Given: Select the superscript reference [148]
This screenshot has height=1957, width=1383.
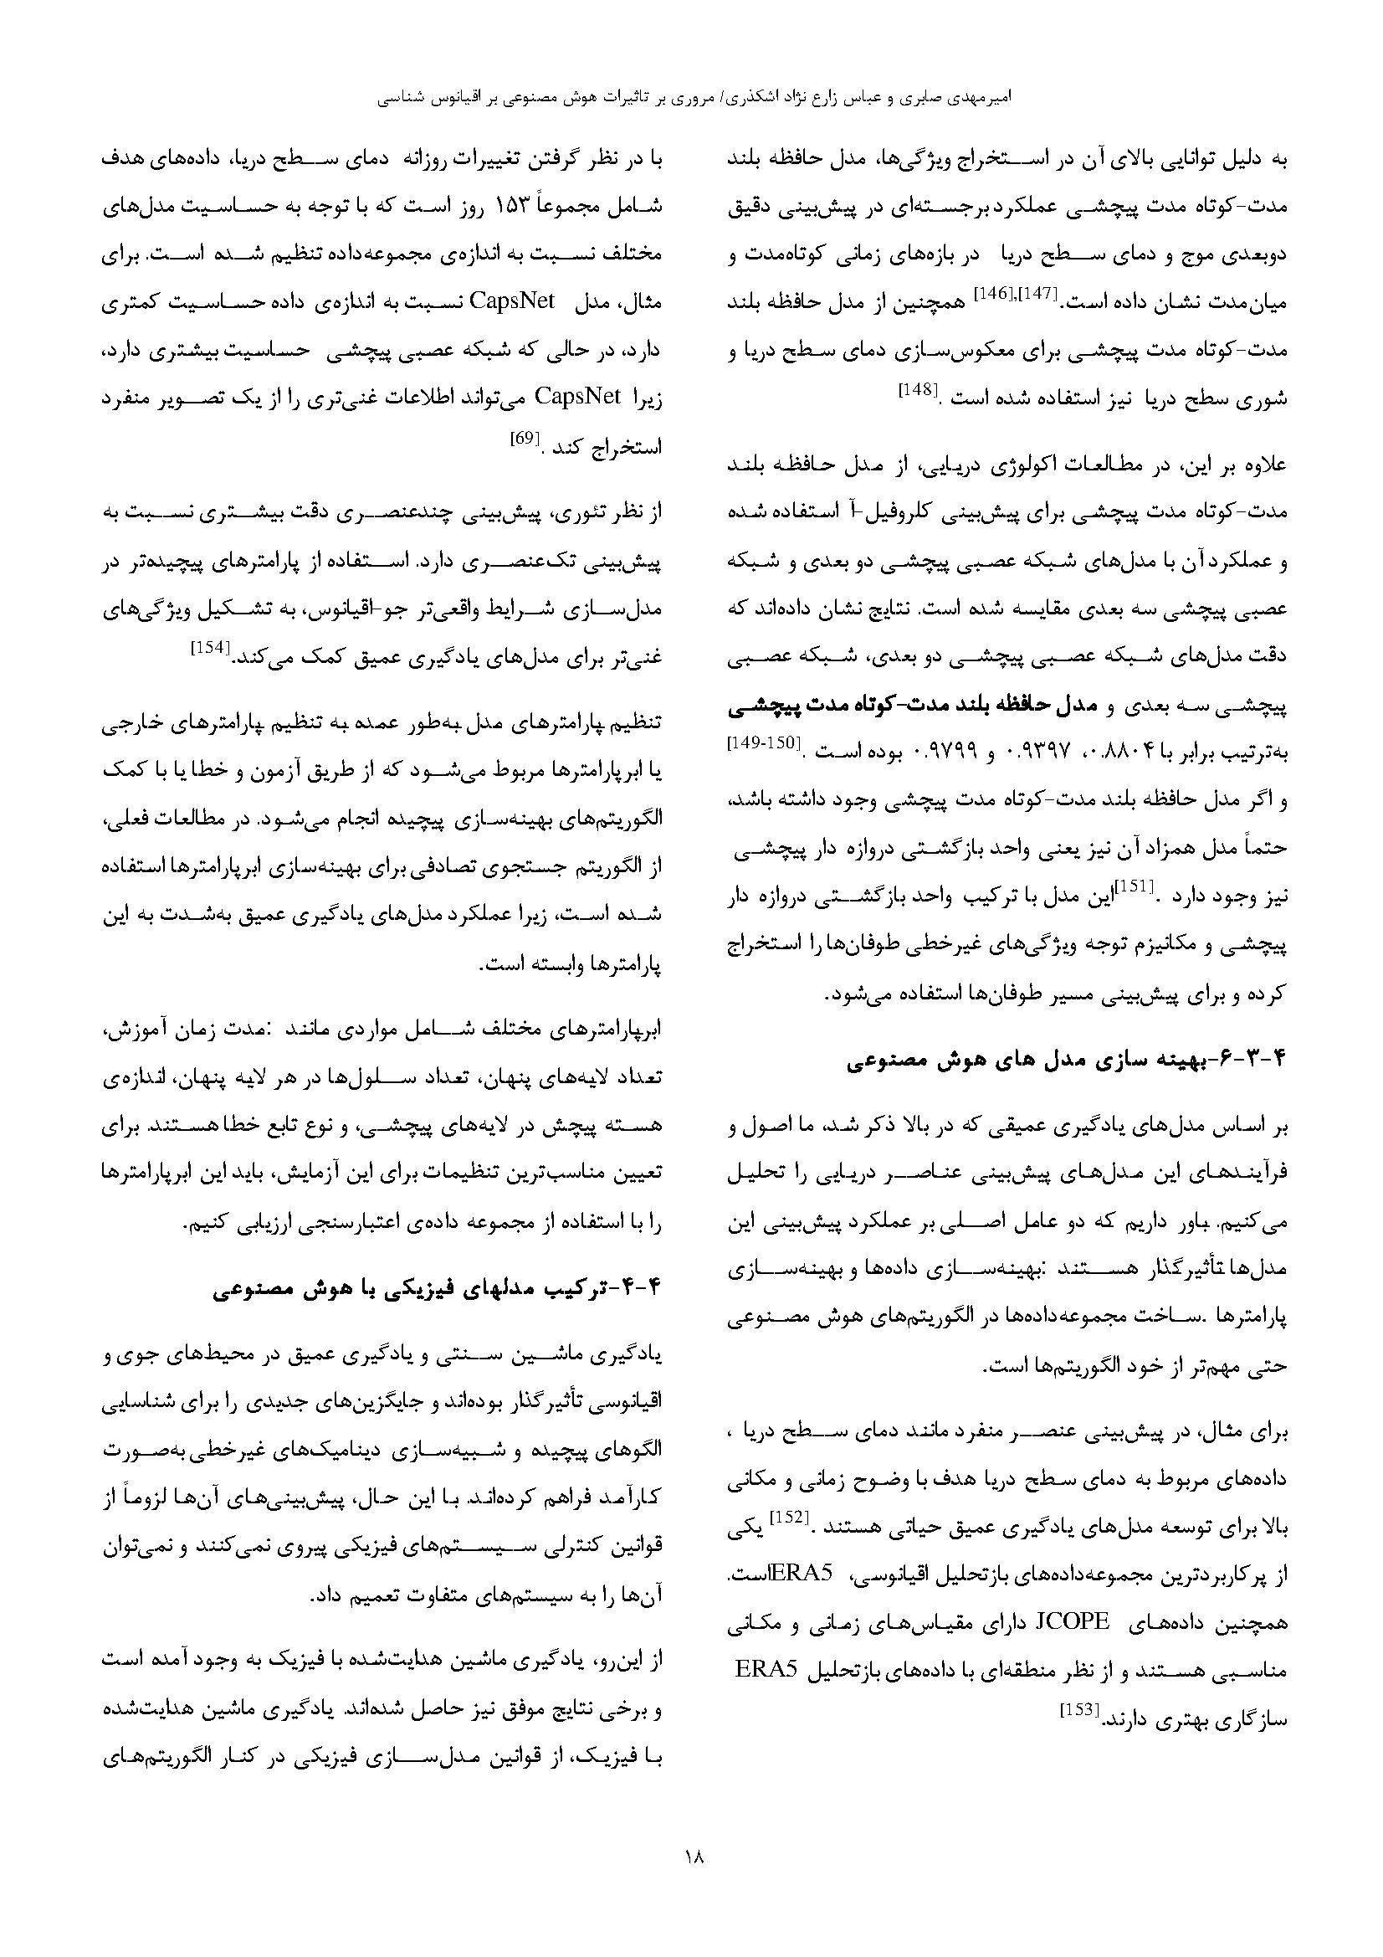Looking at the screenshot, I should [x=918, y=391].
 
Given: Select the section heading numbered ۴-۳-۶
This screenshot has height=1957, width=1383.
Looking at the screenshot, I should [x=1066, y=1062].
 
